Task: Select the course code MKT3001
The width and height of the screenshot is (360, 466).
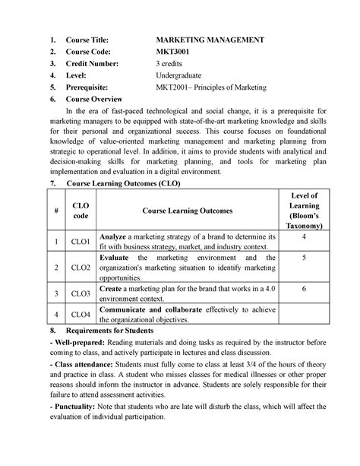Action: click(175, 52)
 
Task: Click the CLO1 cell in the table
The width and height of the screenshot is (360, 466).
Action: click(81, 242)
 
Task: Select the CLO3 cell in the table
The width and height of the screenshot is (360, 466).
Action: click(81, 293)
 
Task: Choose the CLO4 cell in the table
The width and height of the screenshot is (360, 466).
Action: click(81, 314)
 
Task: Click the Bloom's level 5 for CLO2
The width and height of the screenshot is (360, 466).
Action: click(304, 258)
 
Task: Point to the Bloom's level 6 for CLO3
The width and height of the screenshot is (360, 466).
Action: click(304, 290)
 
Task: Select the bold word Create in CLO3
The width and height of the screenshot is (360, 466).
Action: click(112, 289)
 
